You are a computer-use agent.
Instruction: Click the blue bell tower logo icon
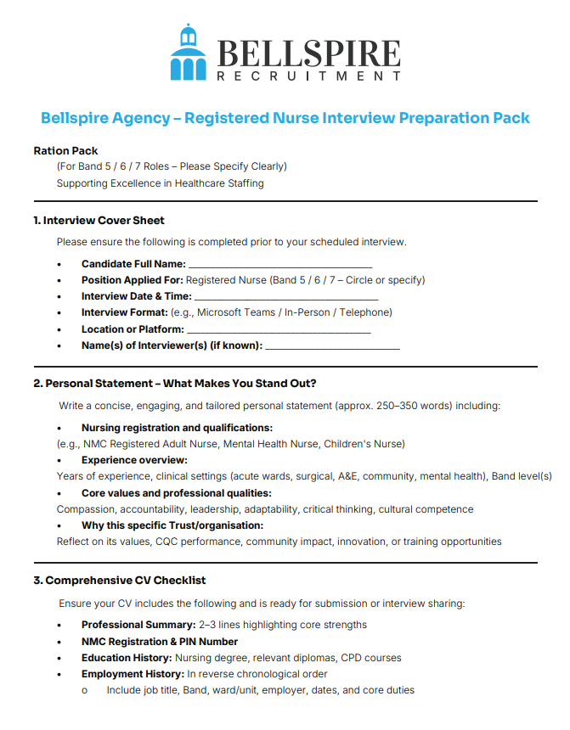(189, 53)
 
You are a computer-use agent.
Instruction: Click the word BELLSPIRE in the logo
(309, 53)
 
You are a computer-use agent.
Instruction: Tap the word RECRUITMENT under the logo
(309, 77)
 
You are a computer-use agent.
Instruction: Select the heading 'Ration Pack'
(66, 150)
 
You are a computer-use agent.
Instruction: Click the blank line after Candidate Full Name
(279, 264)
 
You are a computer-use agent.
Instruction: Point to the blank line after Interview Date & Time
(274, 296)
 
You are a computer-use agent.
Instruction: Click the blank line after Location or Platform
(278, 329)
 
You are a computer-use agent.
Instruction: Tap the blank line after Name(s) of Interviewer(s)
(332, 345)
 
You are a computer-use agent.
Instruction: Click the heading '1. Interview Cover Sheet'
(99, 221)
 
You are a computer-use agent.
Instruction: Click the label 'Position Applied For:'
(132, 280)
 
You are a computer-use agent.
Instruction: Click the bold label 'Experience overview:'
(133, 460)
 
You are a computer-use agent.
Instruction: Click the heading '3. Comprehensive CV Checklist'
(120, 581)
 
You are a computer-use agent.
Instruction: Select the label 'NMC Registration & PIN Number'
(160, 642)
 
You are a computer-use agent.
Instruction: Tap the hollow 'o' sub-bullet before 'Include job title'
(85, 691)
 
